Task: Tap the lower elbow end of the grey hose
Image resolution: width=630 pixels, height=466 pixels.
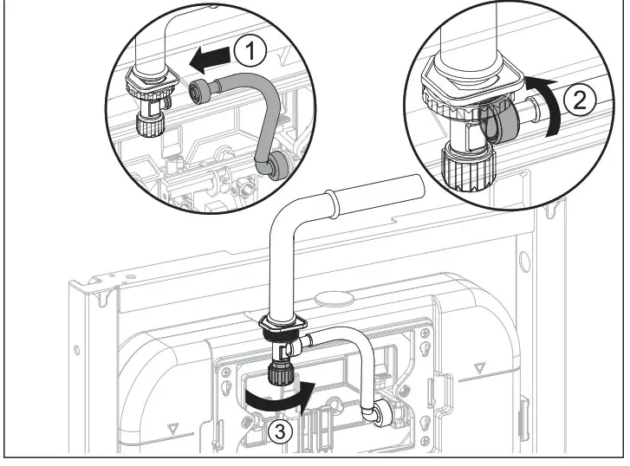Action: pos(277,164)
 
